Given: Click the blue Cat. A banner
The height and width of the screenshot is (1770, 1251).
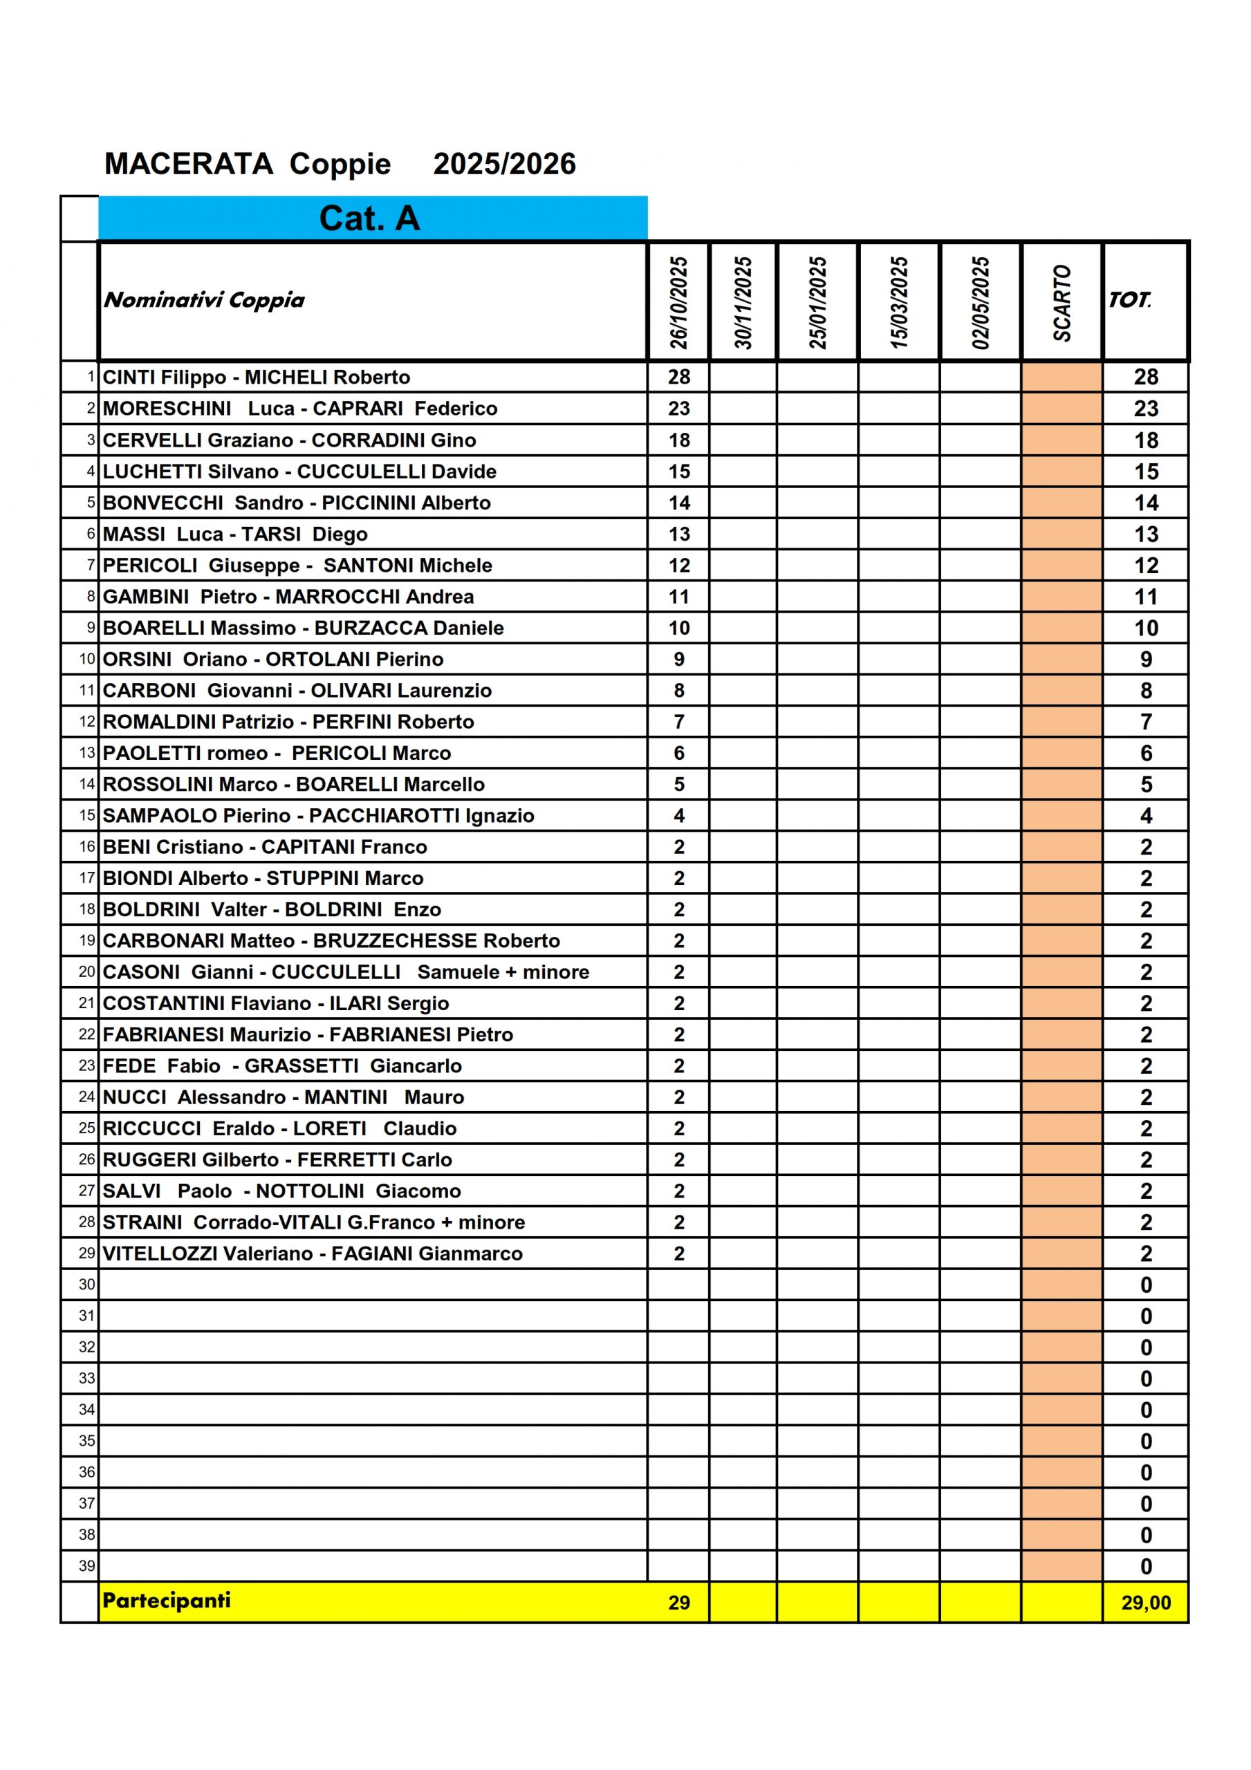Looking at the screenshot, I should coord(372,218).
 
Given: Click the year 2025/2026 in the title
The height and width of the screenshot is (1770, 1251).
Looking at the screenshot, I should coord(504,164).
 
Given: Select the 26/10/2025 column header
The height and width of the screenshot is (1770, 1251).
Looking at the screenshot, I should coord(678,302).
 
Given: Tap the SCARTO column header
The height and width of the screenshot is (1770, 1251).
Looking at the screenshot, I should coord(1062,302).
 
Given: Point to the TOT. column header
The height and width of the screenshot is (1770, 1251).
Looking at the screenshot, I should coord(1129,300).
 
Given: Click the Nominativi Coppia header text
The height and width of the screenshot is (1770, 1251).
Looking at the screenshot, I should coord(205,300).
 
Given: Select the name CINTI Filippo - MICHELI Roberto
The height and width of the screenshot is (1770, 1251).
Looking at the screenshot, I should coord(256,377).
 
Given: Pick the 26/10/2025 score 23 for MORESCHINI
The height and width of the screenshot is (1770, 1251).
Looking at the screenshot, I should coord(678,409).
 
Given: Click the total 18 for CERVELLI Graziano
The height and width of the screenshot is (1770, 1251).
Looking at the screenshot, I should coord(1145,440).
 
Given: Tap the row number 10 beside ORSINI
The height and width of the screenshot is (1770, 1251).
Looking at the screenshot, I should coord(86,659).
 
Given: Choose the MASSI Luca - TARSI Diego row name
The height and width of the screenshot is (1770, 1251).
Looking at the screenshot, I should coord(235,534).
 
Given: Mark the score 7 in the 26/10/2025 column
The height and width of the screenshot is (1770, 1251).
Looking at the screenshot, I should coord(678,722).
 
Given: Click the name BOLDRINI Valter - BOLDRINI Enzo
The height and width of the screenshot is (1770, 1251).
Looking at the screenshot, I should coord(272,910).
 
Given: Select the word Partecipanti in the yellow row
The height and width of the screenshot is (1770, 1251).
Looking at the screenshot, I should coord(167,1600).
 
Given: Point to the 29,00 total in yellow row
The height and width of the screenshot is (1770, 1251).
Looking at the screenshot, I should coord(1145,1602).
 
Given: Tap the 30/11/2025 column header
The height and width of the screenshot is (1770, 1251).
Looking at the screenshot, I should coord(743,302).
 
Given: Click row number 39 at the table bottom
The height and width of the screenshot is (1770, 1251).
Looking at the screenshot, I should coord(86,1566).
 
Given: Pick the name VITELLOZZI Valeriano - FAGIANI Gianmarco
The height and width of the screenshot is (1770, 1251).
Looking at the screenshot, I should coord(313,1254).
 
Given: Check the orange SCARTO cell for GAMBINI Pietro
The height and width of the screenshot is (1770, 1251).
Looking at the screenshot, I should coord(1062,597).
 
